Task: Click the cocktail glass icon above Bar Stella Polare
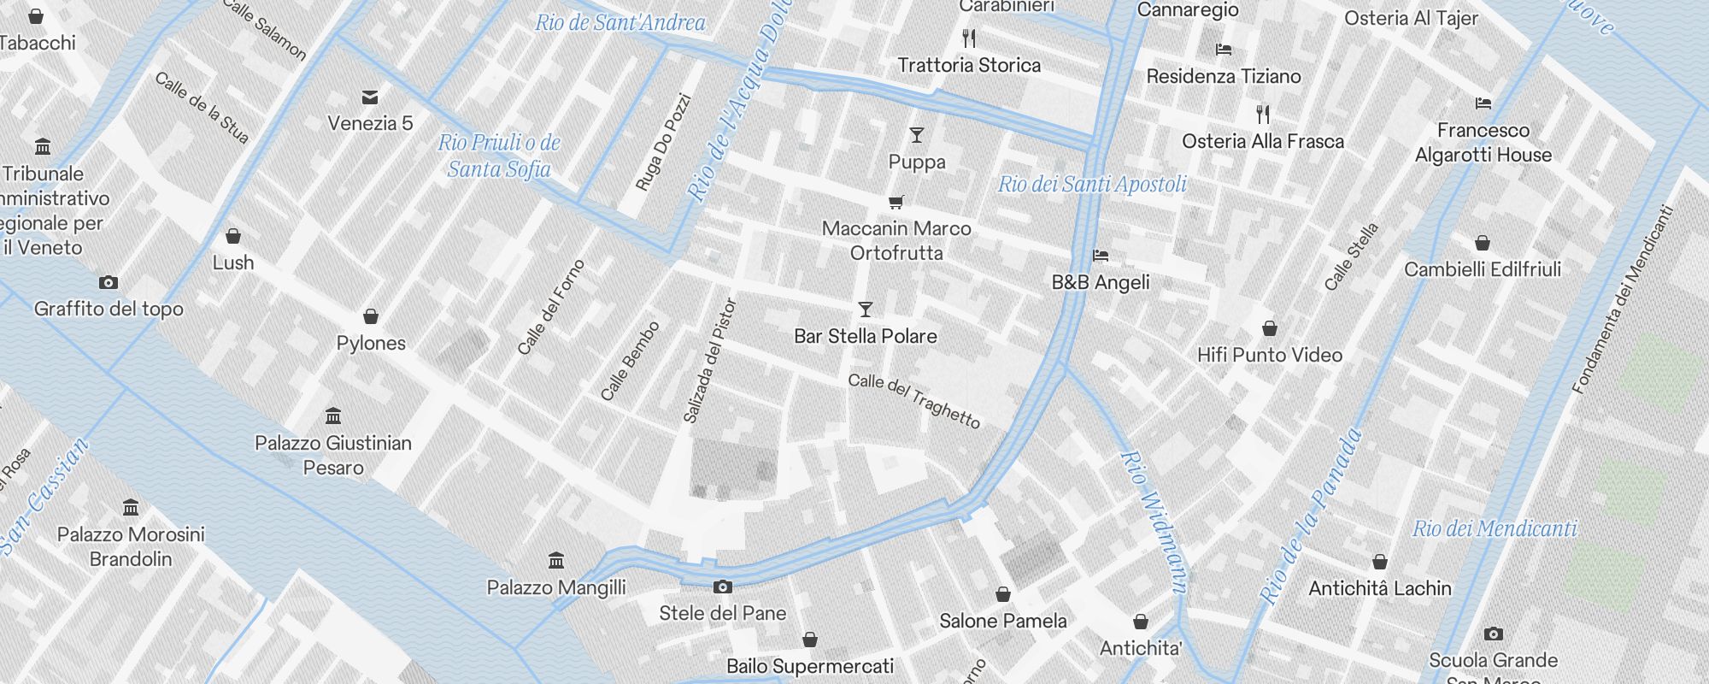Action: coord(866,310)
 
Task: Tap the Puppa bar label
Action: coord(917,162)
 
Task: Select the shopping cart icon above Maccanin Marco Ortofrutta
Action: coord(896,203)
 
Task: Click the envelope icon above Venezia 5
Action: coord(370,97)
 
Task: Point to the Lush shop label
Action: coord(233,262)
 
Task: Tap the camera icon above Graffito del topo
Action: coord(109,283)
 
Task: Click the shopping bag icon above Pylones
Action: coord(371,317)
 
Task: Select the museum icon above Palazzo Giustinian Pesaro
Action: coord(333,416)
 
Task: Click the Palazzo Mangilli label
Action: coord(556,587)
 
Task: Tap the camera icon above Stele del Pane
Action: coord(723,587)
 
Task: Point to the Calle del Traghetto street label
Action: coord(913,400)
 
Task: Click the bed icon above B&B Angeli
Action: coord(1101,256)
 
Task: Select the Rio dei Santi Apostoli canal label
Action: coord(1092,184)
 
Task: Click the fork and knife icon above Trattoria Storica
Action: coord(969,38)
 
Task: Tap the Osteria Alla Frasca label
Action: coord(1262,142)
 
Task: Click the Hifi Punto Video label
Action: coord(1269,355)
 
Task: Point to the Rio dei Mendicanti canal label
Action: coord(1494,528)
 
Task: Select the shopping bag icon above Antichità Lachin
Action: coord(1380,563)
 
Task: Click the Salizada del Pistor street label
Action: coord(710,360)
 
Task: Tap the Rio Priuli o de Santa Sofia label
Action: coord(499,156)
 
